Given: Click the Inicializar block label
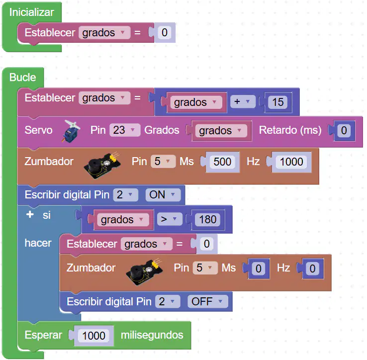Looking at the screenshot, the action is click(32, 12).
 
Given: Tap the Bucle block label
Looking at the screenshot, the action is click(23, 77).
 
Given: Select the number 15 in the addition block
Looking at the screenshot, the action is click(278, 102).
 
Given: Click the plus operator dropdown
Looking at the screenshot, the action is click(243, 101).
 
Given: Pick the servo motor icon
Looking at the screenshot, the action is click(71, 131).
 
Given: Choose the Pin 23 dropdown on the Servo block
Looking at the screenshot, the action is click(125, 130).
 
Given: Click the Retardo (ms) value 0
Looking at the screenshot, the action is click(344, 130).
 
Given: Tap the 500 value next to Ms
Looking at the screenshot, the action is click(222, 162).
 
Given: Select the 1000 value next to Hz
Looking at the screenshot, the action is click(291, 162).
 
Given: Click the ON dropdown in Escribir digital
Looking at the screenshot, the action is click(163, 195).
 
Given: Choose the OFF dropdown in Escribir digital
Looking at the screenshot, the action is click(207, 301).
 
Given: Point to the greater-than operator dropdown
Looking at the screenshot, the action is click(170, 219).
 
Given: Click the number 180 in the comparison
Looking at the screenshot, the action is click(207, 220).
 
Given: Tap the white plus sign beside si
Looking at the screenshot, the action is click(30, 214).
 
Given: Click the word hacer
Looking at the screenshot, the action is click(38, 243).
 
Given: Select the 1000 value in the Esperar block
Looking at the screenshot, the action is click(93, 336).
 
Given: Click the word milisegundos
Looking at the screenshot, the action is click(152, 335).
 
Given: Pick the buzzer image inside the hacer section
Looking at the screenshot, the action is click(144, 271).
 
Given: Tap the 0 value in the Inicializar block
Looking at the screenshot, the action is click(165, 32).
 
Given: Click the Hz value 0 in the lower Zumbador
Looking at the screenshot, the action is click(312, 269).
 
